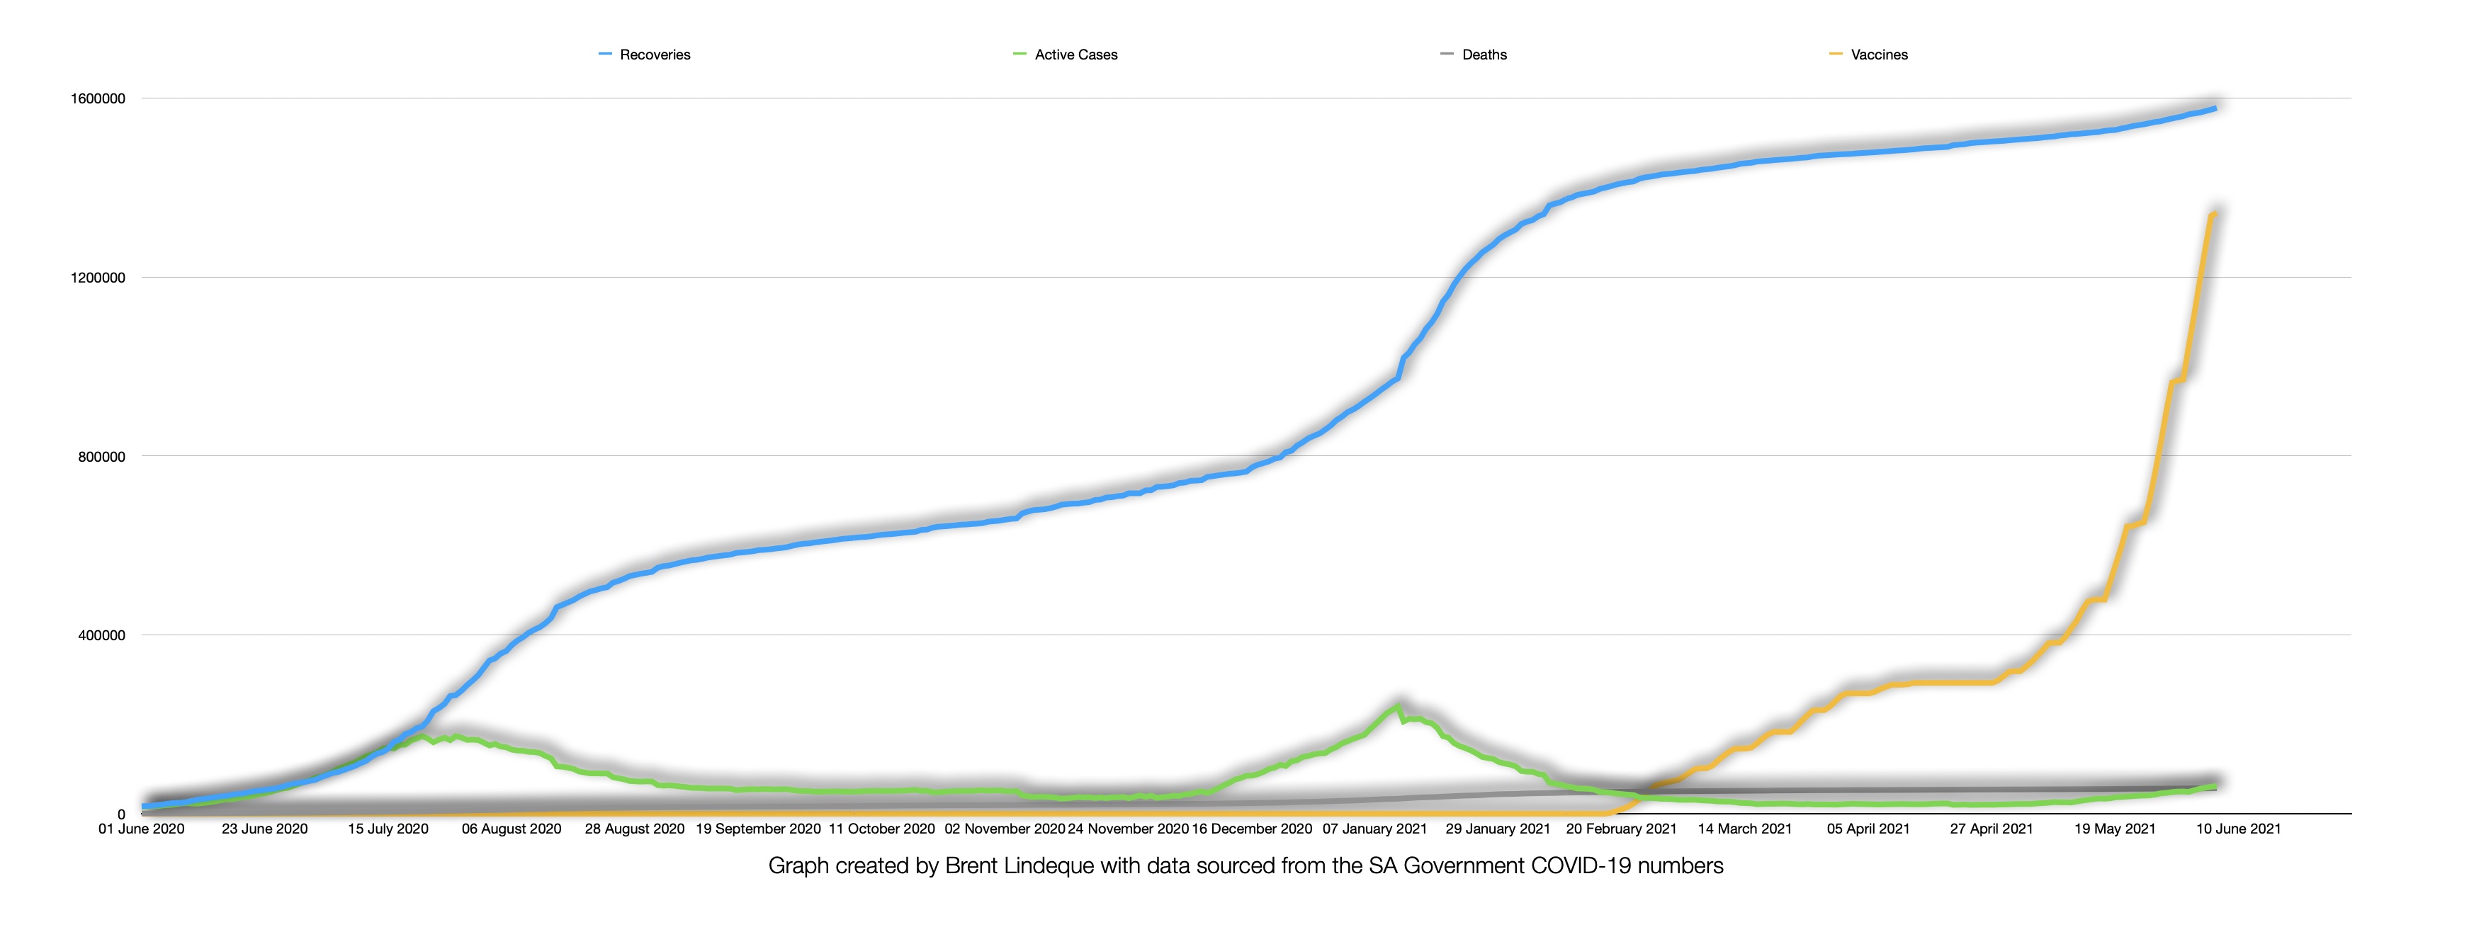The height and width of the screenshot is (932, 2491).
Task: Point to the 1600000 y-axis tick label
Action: click(98, 98)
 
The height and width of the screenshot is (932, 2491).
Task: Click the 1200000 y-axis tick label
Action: click(98, 278)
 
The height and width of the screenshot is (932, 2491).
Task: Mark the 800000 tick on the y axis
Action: click(101, 456)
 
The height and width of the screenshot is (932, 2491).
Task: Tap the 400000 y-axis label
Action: click(101, 635)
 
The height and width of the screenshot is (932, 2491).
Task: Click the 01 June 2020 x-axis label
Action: click(141, 829)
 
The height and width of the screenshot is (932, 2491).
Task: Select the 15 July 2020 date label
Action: click(388, 829)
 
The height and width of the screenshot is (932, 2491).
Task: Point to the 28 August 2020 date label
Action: click(634, 829)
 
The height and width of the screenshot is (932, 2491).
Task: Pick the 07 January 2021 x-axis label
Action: click(1374, 829)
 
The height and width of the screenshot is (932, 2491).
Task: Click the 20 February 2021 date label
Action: click(1622, 829)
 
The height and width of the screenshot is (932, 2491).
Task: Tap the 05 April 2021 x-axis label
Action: click(1868, 829)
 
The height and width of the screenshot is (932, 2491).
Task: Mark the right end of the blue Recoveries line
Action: click(2215, 108)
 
